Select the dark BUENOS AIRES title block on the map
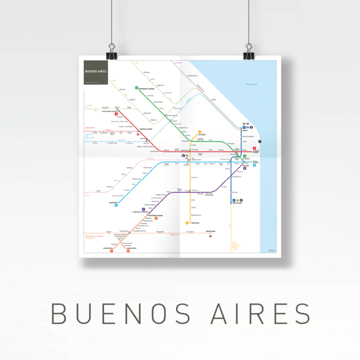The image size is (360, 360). pyautogui.click(x=96, y=72)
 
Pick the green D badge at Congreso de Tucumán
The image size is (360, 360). pyautogui.click(x=136, y=88)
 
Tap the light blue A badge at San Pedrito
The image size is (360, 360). pyautogui.click(x=116, y=205)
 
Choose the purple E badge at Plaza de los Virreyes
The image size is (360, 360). pyautogui.click(x=143, y=209)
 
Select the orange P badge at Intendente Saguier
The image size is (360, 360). pyautogui.click(x=156, y=219)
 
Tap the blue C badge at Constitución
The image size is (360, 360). pyautogui.click(x=234, y=200)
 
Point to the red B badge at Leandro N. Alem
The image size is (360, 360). pyautogui.click(x=254, y=148)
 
